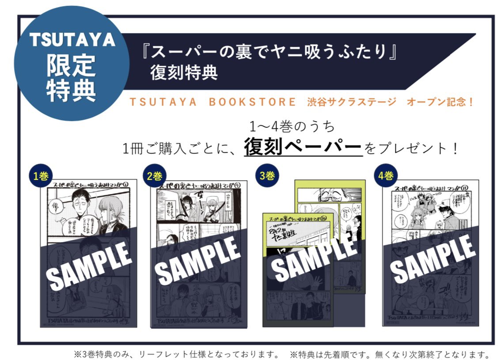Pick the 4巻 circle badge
(x=385, y=175)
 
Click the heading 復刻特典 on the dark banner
(x=184, y=72)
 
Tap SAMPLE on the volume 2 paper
(x=198, y=261)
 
